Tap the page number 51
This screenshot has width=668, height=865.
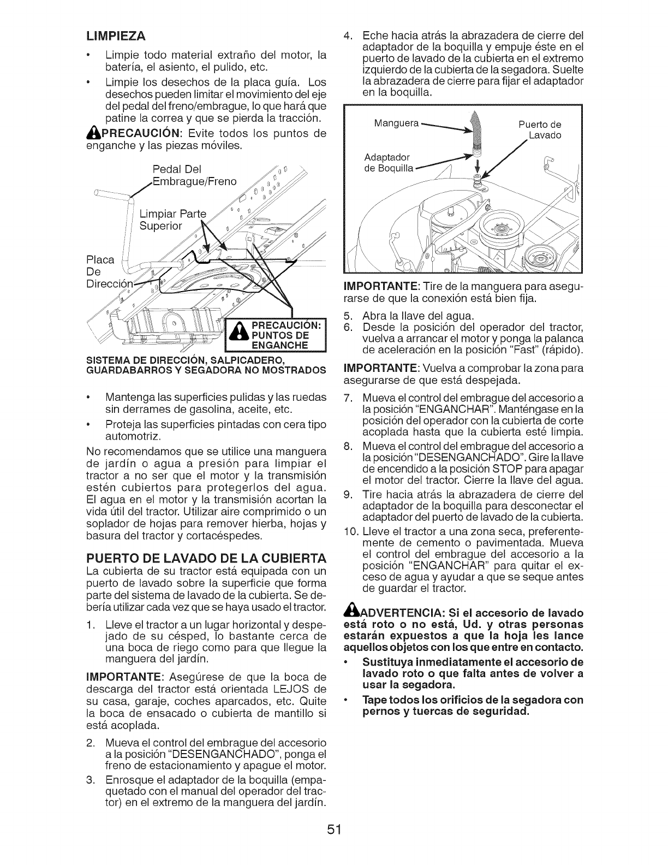coord(334,830)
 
